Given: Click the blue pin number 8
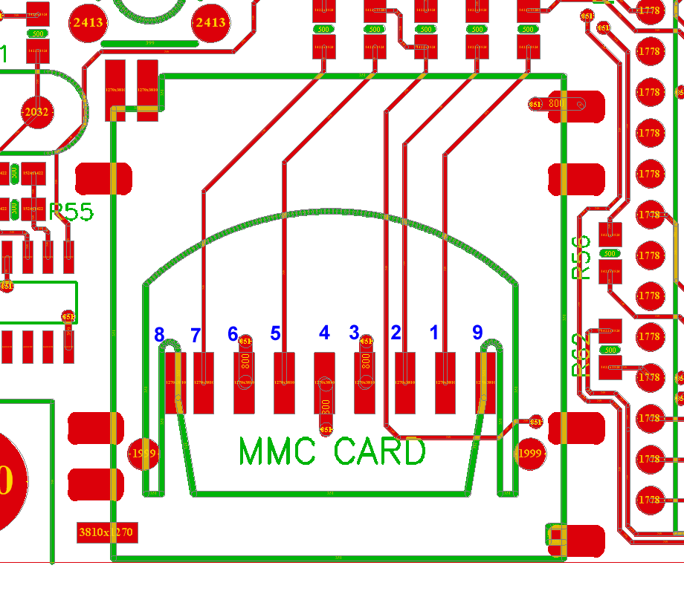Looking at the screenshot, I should [159, 334].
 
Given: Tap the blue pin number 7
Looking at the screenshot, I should [196, 335].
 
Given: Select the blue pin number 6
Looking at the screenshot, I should [233, 334].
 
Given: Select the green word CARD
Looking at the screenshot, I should [379, 451].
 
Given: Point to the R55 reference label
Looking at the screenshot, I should [71, 212].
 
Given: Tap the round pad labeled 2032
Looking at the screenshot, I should [36, 113].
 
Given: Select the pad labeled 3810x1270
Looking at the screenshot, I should [106, 532].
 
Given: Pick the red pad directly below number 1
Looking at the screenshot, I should [445, 383].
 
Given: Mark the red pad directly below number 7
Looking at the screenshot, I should [204, 383].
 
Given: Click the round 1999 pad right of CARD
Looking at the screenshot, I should [529, 453].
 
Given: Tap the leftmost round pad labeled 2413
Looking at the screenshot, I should [88, 22].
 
